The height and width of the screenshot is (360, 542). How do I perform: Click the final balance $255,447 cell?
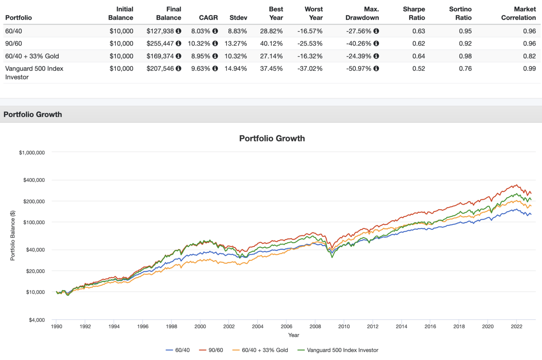point(160,43)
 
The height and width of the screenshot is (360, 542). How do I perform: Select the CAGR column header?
point(208,18)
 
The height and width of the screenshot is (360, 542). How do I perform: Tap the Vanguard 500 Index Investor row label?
point(34,73)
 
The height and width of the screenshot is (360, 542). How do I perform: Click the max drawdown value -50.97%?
point(359,68)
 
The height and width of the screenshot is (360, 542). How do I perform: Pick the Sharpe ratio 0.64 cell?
point(418,56)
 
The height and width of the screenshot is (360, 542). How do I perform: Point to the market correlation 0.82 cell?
point(529,56)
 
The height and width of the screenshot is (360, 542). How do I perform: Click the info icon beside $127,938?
point(179,31)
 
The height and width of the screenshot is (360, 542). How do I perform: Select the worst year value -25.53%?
point(310,43)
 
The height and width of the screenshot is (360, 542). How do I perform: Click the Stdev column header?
point(238,18)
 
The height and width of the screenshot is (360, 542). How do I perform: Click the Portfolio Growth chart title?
point(272,138)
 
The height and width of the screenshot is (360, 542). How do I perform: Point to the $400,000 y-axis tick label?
point(34,180)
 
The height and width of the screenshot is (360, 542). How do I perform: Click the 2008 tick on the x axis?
point(315,327)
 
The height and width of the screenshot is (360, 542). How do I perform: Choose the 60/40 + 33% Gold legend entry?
point(260,350)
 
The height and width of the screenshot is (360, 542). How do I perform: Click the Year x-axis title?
point(293,335)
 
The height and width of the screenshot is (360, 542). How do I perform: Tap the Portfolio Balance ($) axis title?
point(13,236)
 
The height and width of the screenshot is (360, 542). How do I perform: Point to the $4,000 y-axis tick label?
point(37,320)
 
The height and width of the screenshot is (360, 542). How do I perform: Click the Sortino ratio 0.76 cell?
point(465,68)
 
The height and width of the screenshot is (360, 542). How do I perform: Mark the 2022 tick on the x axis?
point(516,327)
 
